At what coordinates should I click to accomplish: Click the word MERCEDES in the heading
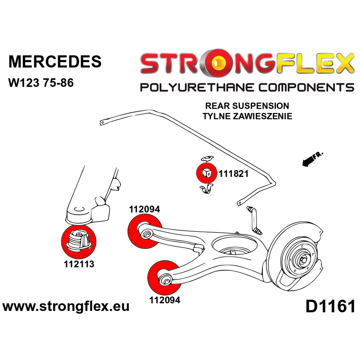pos(55,62)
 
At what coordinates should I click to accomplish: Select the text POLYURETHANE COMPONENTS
pos(247,87)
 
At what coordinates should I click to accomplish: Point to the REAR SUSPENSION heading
pos(247,106)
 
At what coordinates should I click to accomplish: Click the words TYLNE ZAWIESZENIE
pos(247,116)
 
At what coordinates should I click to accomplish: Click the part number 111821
pos(233,174)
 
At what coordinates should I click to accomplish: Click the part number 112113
pos(79,265)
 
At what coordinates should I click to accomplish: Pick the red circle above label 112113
pos(79,241)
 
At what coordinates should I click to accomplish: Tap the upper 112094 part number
pos(144,209)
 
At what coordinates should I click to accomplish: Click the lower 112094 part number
pos(164,300)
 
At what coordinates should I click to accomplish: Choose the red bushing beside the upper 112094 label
pos(145,231)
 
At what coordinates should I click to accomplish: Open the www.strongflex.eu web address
pos(66,307)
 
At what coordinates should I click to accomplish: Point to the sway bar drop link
pos(254,219)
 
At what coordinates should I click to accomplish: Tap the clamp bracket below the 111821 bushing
pos(206,189)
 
